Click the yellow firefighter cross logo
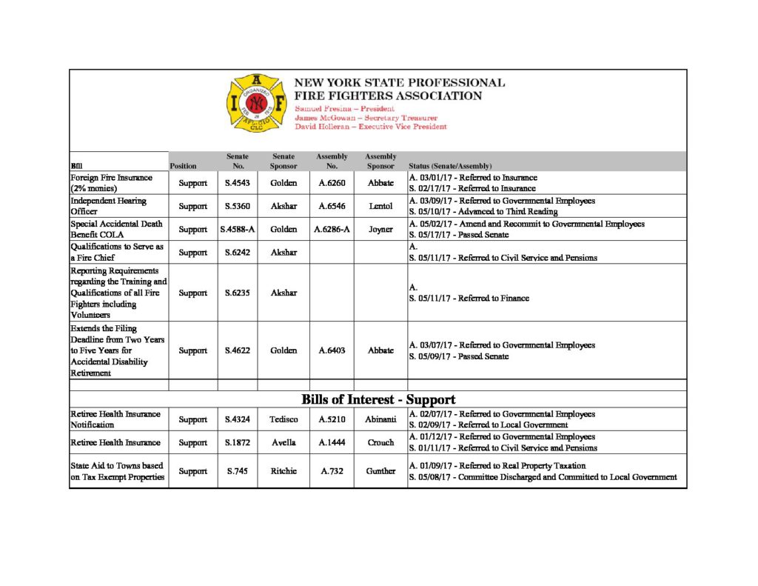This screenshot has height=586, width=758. (x=256, y=104)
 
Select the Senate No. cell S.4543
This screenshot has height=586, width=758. (x=237, y=183)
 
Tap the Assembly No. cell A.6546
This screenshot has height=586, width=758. (x=332, y=206)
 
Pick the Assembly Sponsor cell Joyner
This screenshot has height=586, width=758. (x=380, y=230)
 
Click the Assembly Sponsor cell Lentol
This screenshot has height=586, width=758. (x=380, y=206)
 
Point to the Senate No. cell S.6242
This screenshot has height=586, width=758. (x=237, y=253)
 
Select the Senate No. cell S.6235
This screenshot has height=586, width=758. (x=237, y=293)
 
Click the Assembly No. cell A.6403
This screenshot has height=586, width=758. (x=332, y=350)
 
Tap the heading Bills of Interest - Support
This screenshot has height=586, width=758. (x=378, y=399)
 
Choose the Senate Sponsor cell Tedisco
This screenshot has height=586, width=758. (x=284, y=419)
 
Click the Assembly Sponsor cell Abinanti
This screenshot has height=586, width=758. (x=380, y=419)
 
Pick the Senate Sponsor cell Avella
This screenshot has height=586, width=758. (x=284, y=442)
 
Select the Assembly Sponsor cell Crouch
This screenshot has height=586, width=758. (x=380, y=442)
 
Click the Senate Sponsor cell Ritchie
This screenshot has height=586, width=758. (x=284, y=471)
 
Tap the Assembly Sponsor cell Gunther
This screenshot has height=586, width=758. (x=380, y=471)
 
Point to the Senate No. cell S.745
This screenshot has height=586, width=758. (x=237, y=471)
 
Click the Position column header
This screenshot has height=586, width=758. (x=183, y=166)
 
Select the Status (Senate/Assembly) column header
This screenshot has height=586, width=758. (x=450, y=166)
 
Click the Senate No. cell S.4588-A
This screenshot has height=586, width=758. (x=238, y=230)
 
